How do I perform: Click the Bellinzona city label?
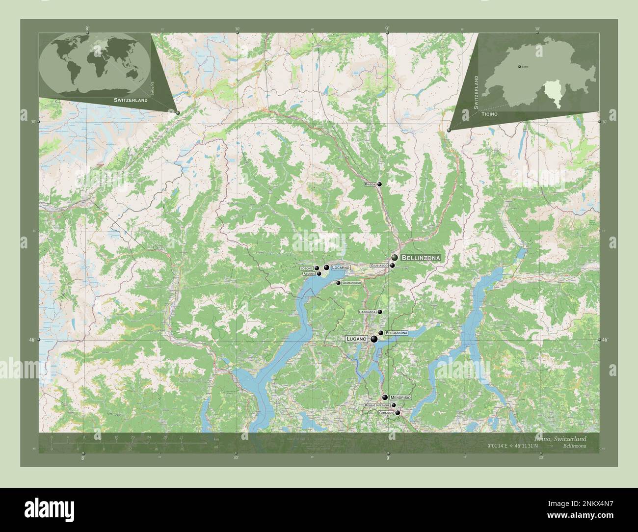(x=421, y=257)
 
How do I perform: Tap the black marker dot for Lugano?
(x=374, y=339)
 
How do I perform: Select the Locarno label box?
(x=340, y=267)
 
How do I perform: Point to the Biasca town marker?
(x=379, y=184)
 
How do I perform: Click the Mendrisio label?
(x=400, y=397)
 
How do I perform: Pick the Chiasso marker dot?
(x=398, y=413)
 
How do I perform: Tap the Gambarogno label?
(x=352, y=283)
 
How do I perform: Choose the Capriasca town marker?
(x=379, y=312)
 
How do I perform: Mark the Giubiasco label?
(x=379, y=266)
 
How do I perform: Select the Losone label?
(x=307, y=268)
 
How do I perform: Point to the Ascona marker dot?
(x=319, y=274)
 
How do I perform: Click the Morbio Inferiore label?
(x=377, y=405)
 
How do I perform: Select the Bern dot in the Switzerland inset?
(x=519, y=66)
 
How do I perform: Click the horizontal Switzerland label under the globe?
(x=131, y=100)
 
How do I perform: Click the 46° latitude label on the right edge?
(x=605, y=340)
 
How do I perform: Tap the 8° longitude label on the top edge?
(x=87, y=29)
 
